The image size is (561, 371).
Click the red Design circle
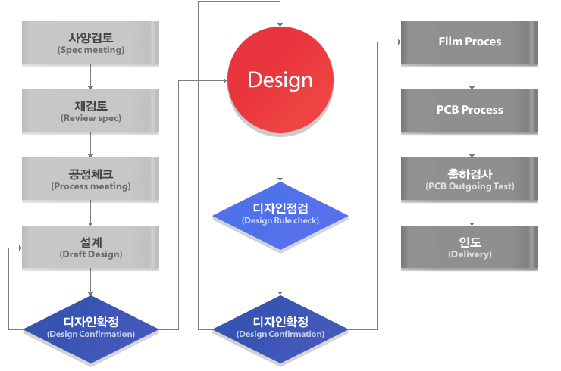280,79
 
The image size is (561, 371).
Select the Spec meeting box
91,43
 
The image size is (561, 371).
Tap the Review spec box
91,111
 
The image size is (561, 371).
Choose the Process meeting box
91,179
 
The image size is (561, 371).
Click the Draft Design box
91,248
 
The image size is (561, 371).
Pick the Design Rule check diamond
280,216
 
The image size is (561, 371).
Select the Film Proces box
470,42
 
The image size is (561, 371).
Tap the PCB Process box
470,110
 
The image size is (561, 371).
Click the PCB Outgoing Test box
470,179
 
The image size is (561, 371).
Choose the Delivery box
470,248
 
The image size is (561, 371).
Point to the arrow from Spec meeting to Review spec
91,77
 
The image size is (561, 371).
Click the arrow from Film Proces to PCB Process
471,76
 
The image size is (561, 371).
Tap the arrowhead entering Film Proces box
398,42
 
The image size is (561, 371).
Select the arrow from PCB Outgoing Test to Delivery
471,214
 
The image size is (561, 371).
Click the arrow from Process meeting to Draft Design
91,214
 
